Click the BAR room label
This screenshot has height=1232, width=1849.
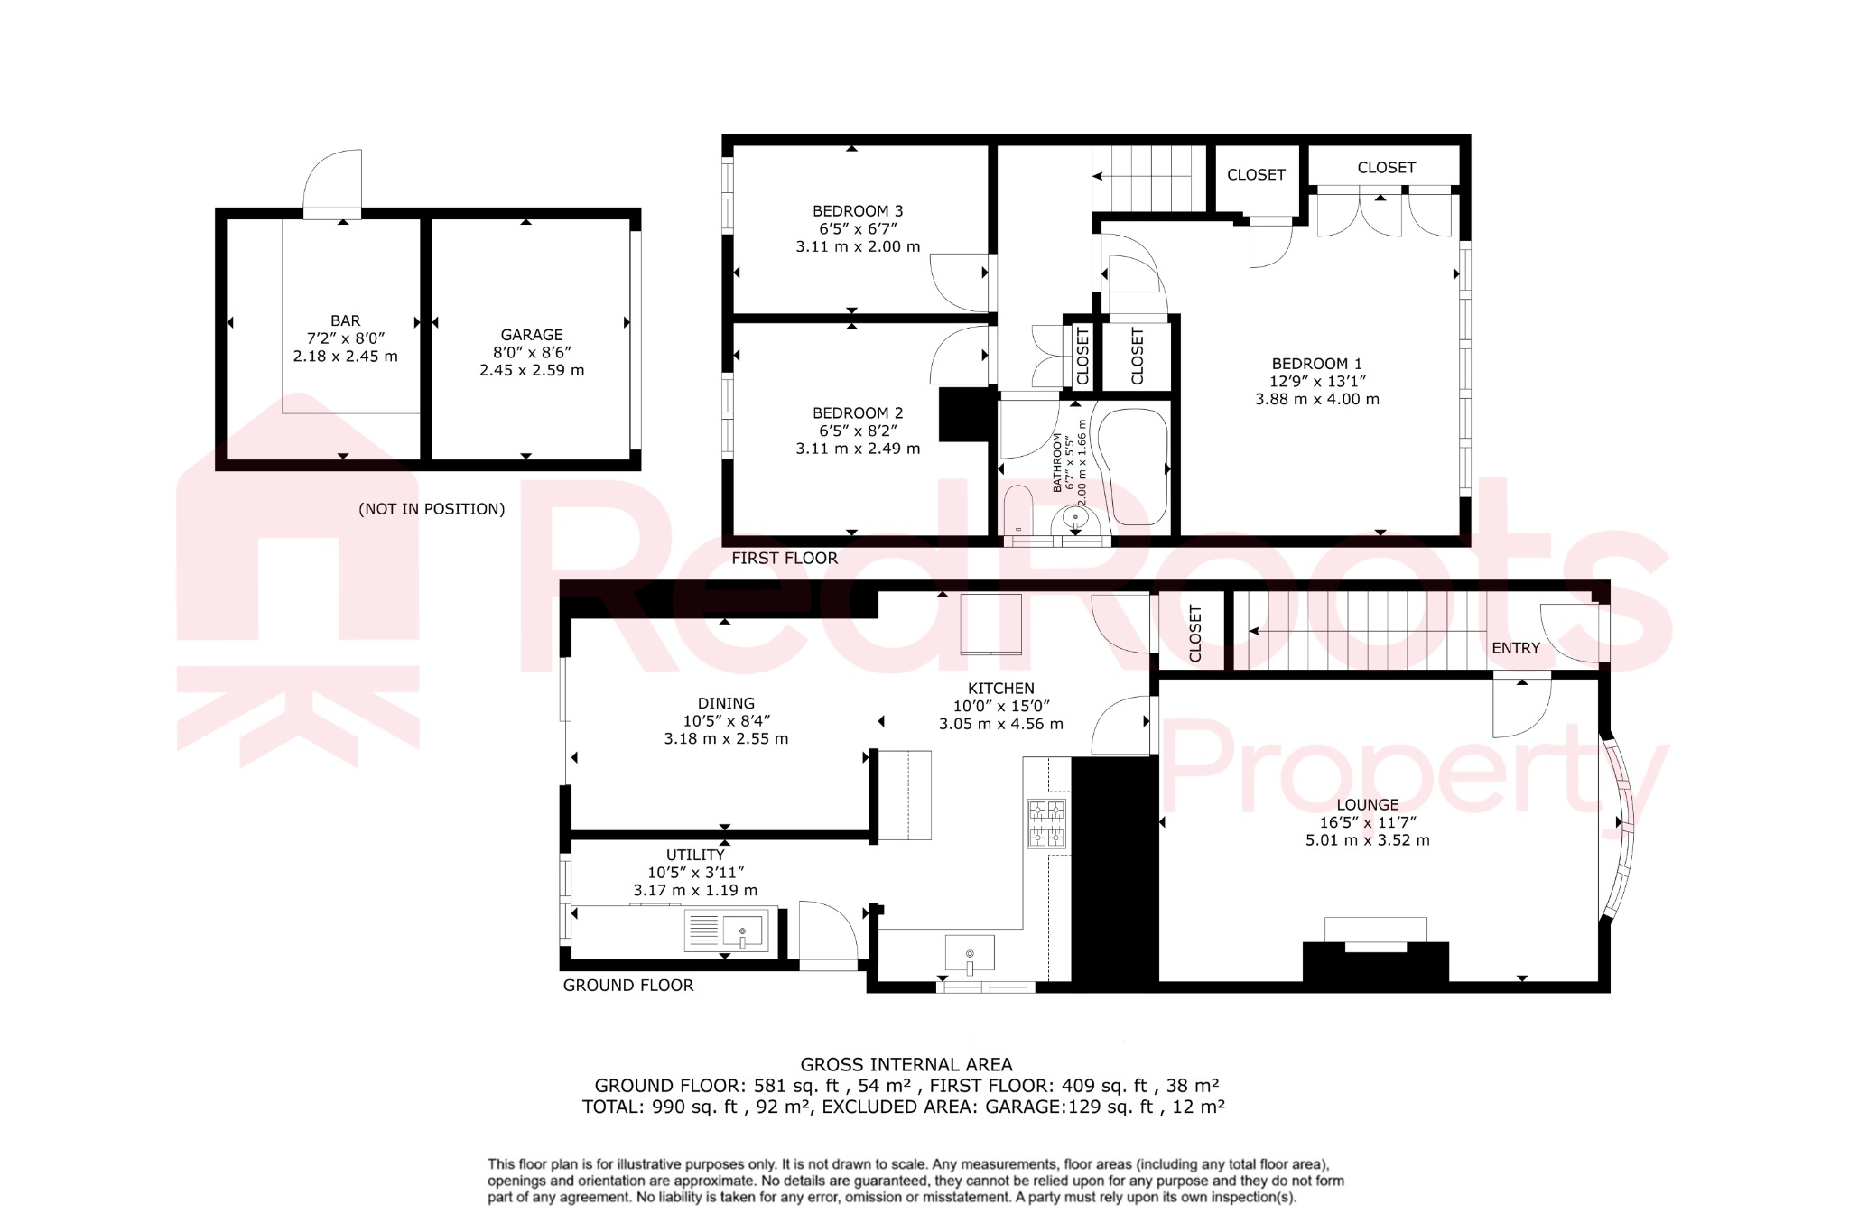(345, 320)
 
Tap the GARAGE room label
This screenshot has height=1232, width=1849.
(532, 335)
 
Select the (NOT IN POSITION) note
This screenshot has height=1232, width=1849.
(432, 509)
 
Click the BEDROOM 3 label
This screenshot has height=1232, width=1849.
(858, 211)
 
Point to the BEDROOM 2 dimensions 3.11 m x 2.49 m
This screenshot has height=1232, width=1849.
(858, 449)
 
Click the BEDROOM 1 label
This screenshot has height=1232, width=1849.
(1316, 364)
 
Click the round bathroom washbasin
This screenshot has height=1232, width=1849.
(1075, 518)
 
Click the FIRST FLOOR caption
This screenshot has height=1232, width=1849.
(784, 559)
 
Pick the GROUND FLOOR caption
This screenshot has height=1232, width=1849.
(628, 986)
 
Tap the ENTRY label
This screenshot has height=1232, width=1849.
(1515, 648)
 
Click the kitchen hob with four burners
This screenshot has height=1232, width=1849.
(1046, 823)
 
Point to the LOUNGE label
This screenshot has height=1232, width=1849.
(1367, 805)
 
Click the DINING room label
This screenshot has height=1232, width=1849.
(726, 703)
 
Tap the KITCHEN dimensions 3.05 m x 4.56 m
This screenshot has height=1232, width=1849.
(1000, 724)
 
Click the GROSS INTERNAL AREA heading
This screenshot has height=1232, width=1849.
(906, 1065)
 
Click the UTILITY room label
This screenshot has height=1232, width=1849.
(695, 855)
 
